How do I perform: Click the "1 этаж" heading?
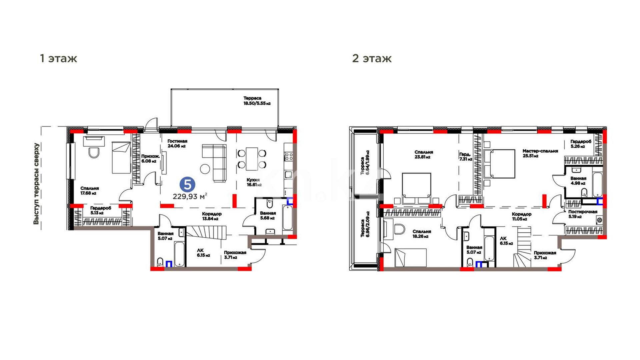tap(58, 58)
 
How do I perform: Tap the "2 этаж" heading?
tap(372, 58)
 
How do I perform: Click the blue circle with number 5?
tap(187, 184)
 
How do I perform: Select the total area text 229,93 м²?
tap(190, 196)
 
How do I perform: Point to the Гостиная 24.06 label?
tap(177, 144)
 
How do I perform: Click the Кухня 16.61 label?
tap(254, 182)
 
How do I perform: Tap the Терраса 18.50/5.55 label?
tap(257, 101)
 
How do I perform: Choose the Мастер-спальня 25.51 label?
tap(540, 153)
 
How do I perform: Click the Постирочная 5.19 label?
tap(583, 214)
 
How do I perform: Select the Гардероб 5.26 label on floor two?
tap(581, 144)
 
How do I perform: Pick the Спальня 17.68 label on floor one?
tap(89, 191)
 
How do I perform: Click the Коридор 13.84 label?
tap(212, 216)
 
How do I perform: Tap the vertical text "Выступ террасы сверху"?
tap(36, 184)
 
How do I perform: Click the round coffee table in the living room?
tap(205, 169)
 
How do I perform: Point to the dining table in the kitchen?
tap(252, 159)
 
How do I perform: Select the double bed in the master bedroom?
tap(499, 164)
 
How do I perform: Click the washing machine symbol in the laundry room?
tap(599, 220)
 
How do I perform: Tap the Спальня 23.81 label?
tap(424, 154)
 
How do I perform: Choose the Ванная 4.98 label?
tap(578, 181)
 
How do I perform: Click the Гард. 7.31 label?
tap(466, 157)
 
